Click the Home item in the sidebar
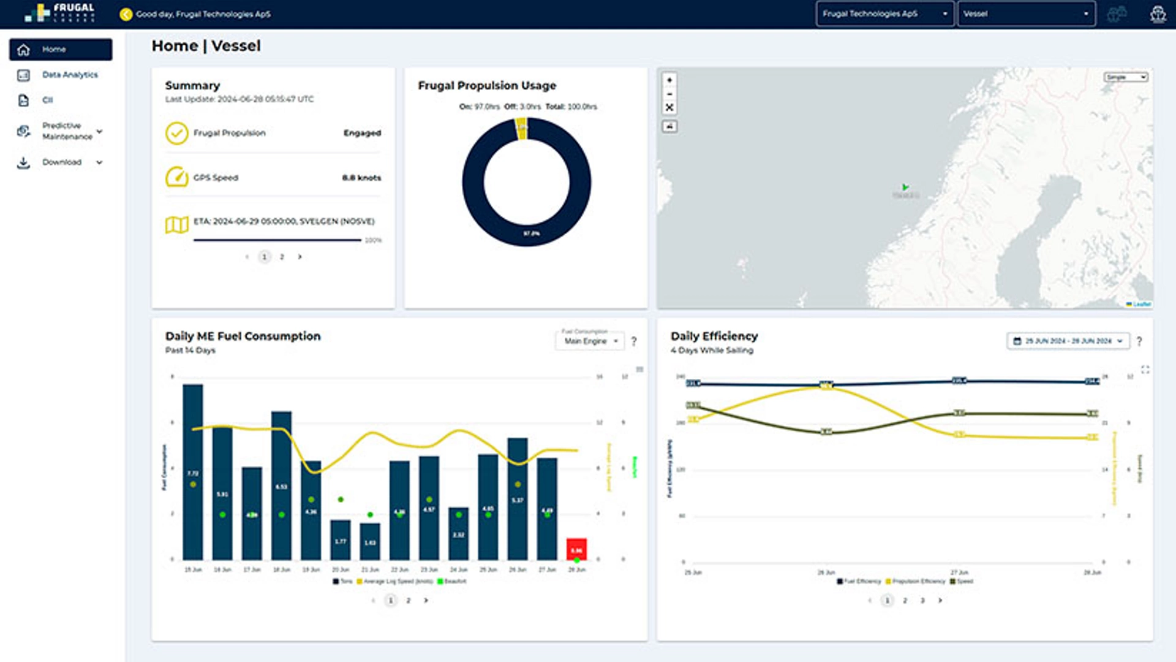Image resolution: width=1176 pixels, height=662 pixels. coord(60,49)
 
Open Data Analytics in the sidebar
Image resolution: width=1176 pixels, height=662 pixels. coord(69,75)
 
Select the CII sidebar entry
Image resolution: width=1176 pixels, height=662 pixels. coord(47,100)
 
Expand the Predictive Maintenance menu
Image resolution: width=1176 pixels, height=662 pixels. coord(67,131)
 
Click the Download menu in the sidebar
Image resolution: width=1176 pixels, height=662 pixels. coord(61,162)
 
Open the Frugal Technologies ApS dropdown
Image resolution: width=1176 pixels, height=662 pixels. coord(884,13)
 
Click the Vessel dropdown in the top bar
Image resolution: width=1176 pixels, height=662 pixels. coord(1026,13)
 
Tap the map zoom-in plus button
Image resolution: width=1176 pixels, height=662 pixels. coord(669,80)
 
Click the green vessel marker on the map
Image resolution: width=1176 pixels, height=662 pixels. coord(905,187)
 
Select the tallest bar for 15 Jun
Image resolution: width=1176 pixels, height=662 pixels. coord(193,472)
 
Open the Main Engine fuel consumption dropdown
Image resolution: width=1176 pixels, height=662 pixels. coord(590,341)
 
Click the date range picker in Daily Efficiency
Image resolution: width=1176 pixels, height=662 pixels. coord(1068,341)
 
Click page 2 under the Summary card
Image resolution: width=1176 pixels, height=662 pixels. coord(282,257)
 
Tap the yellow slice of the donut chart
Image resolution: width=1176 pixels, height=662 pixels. coord(521,128)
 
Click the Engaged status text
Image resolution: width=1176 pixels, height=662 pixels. coord(362,133)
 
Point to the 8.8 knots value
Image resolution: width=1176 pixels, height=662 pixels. coord(361,178)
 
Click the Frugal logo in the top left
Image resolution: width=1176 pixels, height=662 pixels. coord(59,13)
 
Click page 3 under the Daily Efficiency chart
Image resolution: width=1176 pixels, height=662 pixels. coord(922,601)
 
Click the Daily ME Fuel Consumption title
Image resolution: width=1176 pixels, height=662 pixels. coord(243,336)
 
